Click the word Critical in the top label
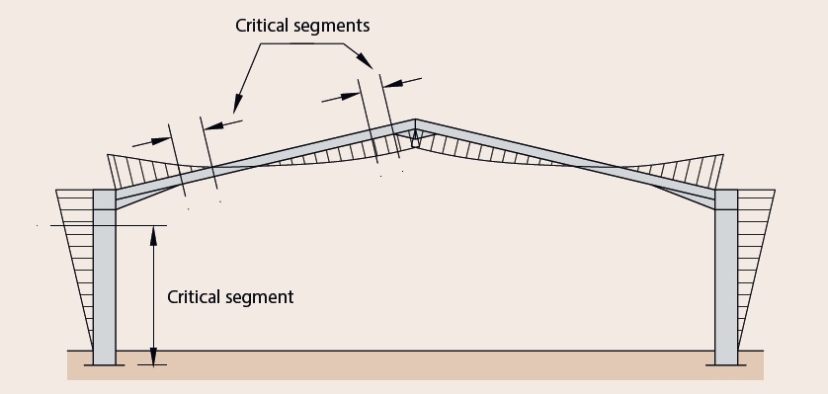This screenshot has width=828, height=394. click(263, 26)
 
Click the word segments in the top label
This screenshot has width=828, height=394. click(333, 27)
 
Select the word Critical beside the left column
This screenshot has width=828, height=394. click(195, 296)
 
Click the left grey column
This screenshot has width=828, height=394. click(105, 276)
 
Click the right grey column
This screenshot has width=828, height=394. click(726, 276)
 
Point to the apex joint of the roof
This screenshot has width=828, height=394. click(415, 133)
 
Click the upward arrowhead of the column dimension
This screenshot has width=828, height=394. click(154, 236)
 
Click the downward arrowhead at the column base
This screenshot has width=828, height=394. click(154, 356)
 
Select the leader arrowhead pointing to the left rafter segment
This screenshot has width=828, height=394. click(237, 104)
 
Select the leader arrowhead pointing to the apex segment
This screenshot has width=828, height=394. click(366, 60)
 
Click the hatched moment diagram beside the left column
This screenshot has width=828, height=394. click(76, 248)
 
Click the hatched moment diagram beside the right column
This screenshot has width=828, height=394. click(754, 248)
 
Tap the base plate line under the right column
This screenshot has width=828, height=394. click(726, 365)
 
